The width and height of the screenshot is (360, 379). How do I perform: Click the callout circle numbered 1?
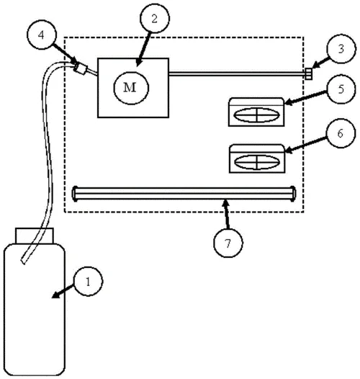click(88, 281)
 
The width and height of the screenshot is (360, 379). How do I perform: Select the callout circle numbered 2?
click(155, 18)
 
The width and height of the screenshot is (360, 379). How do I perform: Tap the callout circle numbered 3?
click(341, 48)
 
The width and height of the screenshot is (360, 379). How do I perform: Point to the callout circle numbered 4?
click(42, 35)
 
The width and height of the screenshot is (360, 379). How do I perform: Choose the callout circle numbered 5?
click(341, 89)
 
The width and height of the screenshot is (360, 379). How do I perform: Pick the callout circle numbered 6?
click(341, 133)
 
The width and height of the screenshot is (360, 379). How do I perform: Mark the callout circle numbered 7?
click(228, 243)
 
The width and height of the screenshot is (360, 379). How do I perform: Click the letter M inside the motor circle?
click(130, 87)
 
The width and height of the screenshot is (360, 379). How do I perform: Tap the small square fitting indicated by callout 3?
click(308, 73)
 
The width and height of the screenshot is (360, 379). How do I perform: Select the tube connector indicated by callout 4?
click(80, 68)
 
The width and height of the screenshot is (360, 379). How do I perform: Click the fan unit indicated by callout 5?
click(256, 112)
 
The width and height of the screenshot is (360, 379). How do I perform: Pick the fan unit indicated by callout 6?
click(257, 159)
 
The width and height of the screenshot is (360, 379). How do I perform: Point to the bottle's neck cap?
click(35, 236)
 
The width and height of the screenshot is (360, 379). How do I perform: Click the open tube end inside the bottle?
click(24, 262)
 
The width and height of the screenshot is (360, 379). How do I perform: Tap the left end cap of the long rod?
click(75, 193)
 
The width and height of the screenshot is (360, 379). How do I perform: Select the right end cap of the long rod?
click(294, 193)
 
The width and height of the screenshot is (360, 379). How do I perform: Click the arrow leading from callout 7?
click(226, 214)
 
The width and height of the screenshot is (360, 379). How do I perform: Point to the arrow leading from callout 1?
click(63, 291)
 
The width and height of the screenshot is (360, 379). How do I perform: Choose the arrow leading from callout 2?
click(143, 49)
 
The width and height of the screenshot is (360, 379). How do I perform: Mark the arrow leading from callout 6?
click(305, 145)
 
